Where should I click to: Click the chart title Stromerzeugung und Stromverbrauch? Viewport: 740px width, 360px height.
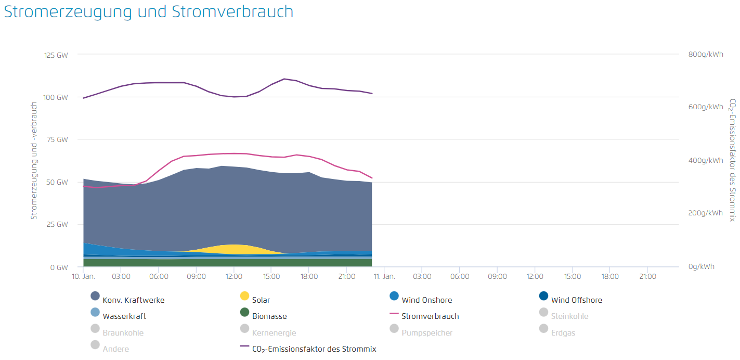pos(149,12)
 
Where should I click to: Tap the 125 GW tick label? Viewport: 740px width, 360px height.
pos(56,55)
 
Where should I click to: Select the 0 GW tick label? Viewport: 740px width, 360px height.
pos(59,267)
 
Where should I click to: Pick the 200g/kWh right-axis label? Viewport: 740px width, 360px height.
pos(705,213)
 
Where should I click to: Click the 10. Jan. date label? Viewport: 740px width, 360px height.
pos(83,277)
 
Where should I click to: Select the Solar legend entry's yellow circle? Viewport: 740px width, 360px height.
pos(244,296)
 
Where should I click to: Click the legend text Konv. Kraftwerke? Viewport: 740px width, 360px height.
pos(134,300)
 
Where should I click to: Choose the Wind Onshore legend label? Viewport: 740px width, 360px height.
pos(426,300)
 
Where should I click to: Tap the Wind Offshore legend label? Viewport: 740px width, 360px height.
pos(577,300)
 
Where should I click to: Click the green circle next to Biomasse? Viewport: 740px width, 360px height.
pos(244,312)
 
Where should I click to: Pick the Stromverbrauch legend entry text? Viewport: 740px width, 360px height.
pos(430,316)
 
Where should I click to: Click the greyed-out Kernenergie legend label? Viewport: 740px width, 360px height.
pos(274,333)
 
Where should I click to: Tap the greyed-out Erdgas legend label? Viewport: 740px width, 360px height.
pos(563,333)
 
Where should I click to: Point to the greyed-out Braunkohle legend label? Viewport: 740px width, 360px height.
pos(123,333)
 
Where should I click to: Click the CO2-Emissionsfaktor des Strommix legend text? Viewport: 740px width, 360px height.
pos(314,349)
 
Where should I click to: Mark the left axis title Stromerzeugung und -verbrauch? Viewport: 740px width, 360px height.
pos(34,160)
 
